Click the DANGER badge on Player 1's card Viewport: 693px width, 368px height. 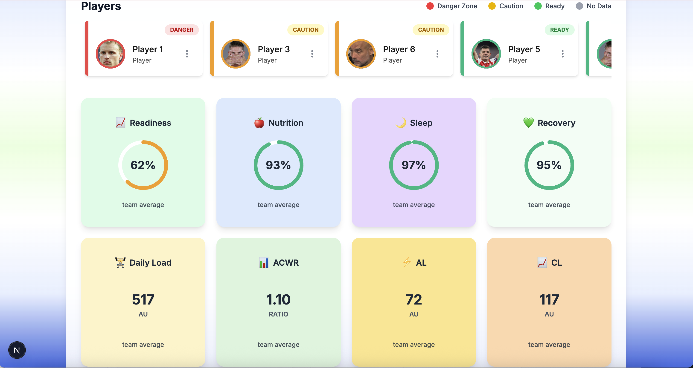click(x=182, y=30)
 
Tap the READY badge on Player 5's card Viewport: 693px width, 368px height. click(x=559, y=30)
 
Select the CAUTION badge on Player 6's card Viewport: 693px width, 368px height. click(x=431, y=30)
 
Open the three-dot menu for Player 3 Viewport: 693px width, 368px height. click(x=312, y=54)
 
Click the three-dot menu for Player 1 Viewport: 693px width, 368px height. click(x=187, y=54)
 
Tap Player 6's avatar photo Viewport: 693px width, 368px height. click(x=361, y=54)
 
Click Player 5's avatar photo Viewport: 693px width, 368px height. click(x=486, y=54)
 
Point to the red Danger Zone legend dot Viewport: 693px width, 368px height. click(x=430, y=6)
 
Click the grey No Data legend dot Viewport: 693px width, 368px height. click(x=579, y=6)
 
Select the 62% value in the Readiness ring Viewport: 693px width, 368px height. click(x=143, y=165)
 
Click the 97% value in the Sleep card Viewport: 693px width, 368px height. click(x=413, y=165)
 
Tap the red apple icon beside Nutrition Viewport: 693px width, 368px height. click(x=259, y=123)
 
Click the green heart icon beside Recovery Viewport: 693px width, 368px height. click(x=528, y=123)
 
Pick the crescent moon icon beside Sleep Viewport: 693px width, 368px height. click(x=401, y=123)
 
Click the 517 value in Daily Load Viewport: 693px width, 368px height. click(x=143, y=299)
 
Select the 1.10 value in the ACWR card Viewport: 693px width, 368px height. click(x=278, y=299)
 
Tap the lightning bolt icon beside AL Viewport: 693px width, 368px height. click(x=407, y=262)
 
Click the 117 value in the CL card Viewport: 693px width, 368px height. click(x=549, y=299)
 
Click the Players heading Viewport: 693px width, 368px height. click(x=101, y=6)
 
